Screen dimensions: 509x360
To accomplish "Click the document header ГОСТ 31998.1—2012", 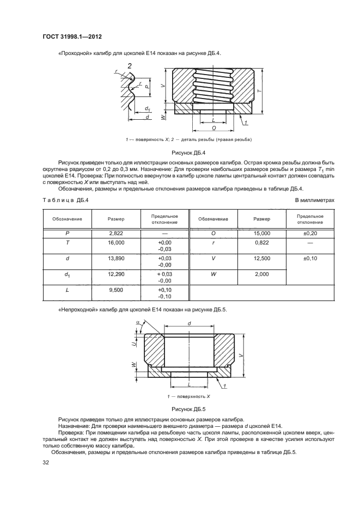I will tap(72, 36).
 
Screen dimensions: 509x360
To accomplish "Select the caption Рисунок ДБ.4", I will tap(188, 154).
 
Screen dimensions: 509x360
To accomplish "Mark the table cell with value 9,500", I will tap(117, 292).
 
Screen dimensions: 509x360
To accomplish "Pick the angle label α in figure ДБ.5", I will tap(137, 322).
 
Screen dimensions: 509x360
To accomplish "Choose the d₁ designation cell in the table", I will tap(68, 276).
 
